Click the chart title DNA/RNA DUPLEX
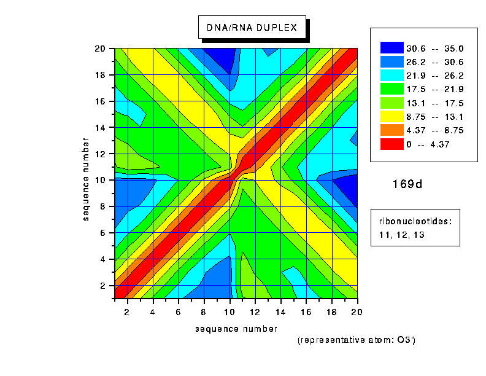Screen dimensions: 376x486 click(252, 28)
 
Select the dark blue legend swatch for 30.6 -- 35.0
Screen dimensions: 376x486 click(391, 47)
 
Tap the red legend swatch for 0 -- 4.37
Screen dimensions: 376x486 click(391, 144)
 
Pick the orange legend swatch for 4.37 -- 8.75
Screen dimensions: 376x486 click(391, 130)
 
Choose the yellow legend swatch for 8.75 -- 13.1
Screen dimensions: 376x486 click(391, 117)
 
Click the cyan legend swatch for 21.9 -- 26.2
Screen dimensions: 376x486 click(391, 75)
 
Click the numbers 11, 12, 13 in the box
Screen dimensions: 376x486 click(403, 235)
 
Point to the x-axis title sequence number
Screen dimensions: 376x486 click(236, 329)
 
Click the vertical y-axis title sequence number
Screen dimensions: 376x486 click(88, 180)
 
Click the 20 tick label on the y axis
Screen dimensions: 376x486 click(101, 49)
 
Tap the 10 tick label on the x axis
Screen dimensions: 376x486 click(230, 312)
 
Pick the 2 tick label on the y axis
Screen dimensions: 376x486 click(103, 286)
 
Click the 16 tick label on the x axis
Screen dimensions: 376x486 click(306, 312)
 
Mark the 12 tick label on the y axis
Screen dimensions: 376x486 click(101, 154)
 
